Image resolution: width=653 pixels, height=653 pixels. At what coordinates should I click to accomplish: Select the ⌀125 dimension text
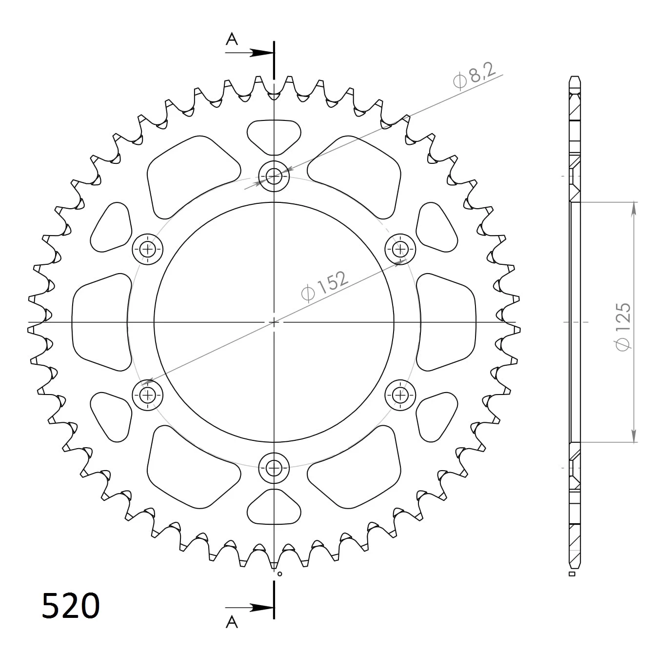[x=623, y=326]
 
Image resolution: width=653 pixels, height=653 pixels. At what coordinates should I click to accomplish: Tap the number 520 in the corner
[x=71, y=606]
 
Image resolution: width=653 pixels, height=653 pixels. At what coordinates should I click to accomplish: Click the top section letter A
[x=232, y=39]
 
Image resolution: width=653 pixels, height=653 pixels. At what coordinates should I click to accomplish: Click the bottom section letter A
[x=232, y=621]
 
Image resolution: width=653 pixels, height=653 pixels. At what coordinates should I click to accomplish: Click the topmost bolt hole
[x=274, y=176]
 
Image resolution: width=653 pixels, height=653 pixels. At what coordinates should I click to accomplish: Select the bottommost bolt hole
[x=274, y=469]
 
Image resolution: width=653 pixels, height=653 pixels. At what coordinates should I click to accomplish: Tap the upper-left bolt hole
[x=147, y=249]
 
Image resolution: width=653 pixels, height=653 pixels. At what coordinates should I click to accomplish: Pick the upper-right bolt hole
[x=400, y=249]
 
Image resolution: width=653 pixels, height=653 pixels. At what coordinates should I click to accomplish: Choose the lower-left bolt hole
[x=147, y=394]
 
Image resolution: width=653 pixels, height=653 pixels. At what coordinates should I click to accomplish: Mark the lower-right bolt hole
[x=400, y=394]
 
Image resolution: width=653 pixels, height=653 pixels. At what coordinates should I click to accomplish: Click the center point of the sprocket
[x=274, y=322]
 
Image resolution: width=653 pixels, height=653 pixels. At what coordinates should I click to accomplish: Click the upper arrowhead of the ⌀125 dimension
[x=634, y=207]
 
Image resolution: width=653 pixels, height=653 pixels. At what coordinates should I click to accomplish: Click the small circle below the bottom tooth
[x=279, y=574]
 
